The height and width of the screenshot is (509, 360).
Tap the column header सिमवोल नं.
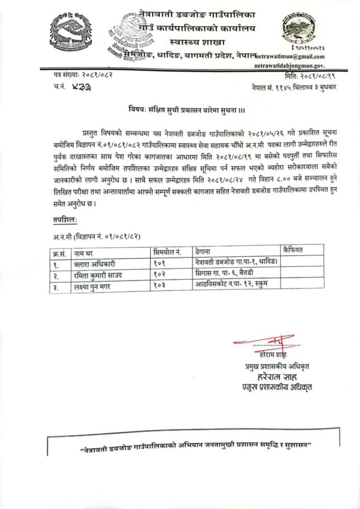(x=167, y=252)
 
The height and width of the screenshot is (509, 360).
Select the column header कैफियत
(x=293, y=250)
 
